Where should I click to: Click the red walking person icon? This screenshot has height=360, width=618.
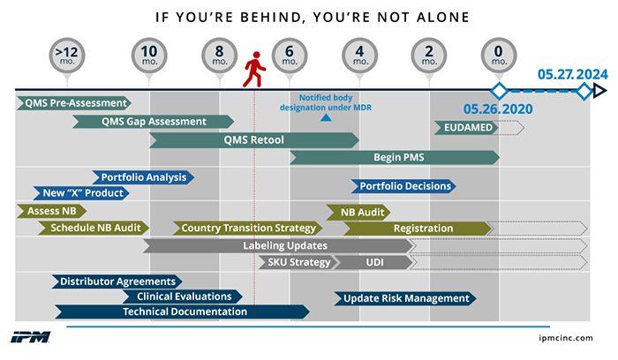click(x=254, y=70)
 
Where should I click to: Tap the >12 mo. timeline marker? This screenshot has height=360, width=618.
click(x=67, y=56)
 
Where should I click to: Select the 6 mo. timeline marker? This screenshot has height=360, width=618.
click(x=290, y=56)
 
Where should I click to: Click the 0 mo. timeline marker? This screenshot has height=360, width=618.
click(x=499, y=56)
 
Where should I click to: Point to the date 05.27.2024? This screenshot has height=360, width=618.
click(x=573, y=74)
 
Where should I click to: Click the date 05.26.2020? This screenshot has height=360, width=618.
click(x=498, y=109)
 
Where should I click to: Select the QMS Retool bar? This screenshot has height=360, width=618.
click(x=254, y=139)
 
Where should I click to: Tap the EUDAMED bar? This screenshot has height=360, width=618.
click(x=467, y=128)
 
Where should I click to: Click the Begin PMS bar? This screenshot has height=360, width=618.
click(x=395, y=158)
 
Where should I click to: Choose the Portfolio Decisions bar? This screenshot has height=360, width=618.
click(x=403, y=186)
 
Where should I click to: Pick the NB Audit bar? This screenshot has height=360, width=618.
click(x=358, y=213)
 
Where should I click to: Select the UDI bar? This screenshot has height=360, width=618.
click(x=373, y=262)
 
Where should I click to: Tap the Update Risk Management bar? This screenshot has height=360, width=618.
click(x=405, y=298)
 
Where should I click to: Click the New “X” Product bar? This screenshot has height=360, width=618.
click(x=81, y=193)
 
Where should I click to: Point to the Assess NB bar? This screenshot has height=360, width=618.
click(x=51, y=211)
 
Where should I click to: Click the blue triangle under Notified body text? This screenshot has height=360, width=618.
click(x=326, y=117)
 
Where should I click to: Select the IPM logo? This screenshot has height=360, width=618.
click(x=30, y=337)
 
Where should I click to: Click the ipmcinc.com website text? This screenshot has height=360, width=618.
click(x=566, y=338)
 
